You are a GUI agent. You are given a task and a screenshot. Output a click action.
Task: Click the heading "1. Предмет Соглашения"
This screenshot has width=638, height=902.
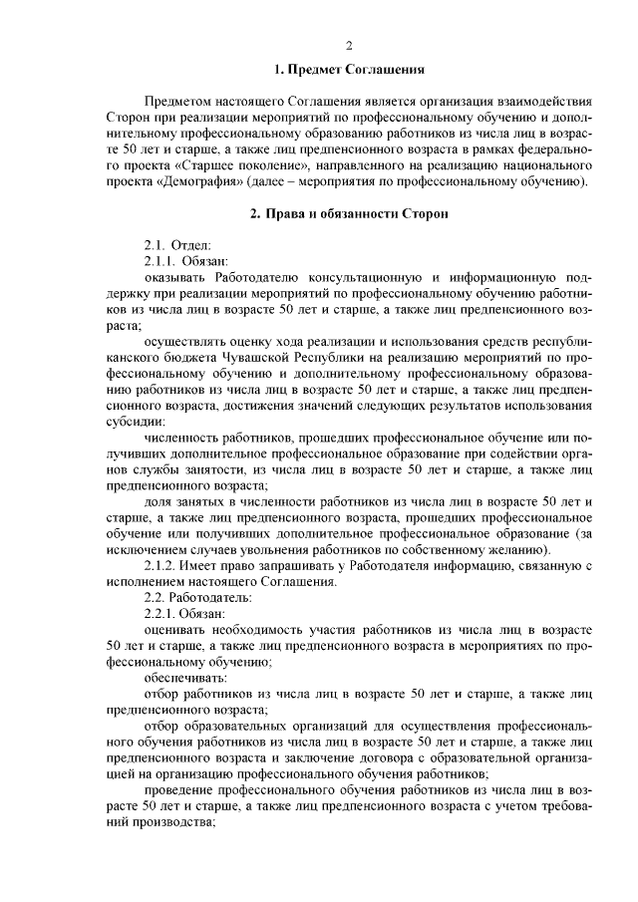tap(350, 71)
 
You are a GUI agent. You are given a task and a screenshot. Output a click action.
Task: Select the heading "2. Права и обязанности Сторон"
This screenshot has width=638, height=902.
tap(350, 213)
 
